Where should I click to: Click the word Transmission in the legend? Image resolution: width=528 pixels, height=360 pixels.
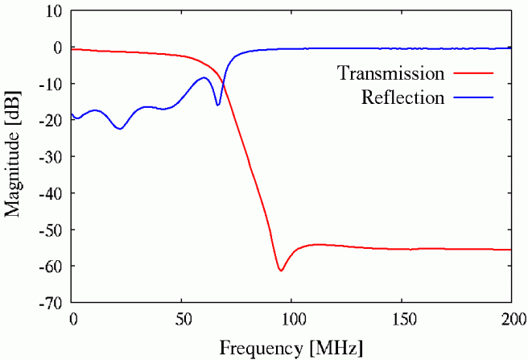[x=390, y=73]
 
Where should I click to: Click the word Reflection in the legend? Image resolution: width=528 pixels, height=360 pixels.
[x=402, y=98]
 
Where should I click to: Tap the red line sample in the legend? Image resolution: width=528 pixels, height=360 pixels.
[x=473, y=73]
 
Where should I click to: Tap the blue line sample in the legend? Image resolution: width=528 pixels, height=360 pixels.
[x=473, y=98]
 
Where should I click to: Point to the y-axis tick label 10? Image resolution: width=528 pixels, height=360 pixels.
[x=54, y=11]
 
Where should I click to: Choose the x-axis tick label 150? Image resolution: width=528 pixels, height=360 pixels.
[x=402, y=318]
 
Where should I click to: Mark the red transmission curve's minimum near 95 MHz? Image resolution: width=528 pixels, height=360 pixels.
[x=281, y=270]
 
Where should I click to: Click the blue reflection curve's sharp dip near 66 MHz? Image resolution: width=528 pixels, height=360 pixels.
[x=217, y=105]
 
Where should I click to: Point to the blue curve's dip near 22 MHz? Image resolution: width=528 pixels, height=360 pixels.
[x=120, y=128]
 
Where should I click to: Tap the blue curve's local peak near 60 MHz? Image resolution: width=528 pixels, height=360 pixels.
[x=204, y=77]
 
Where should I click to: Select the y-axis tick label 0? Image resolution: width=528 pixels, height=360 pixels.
[x=58, y=48]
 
